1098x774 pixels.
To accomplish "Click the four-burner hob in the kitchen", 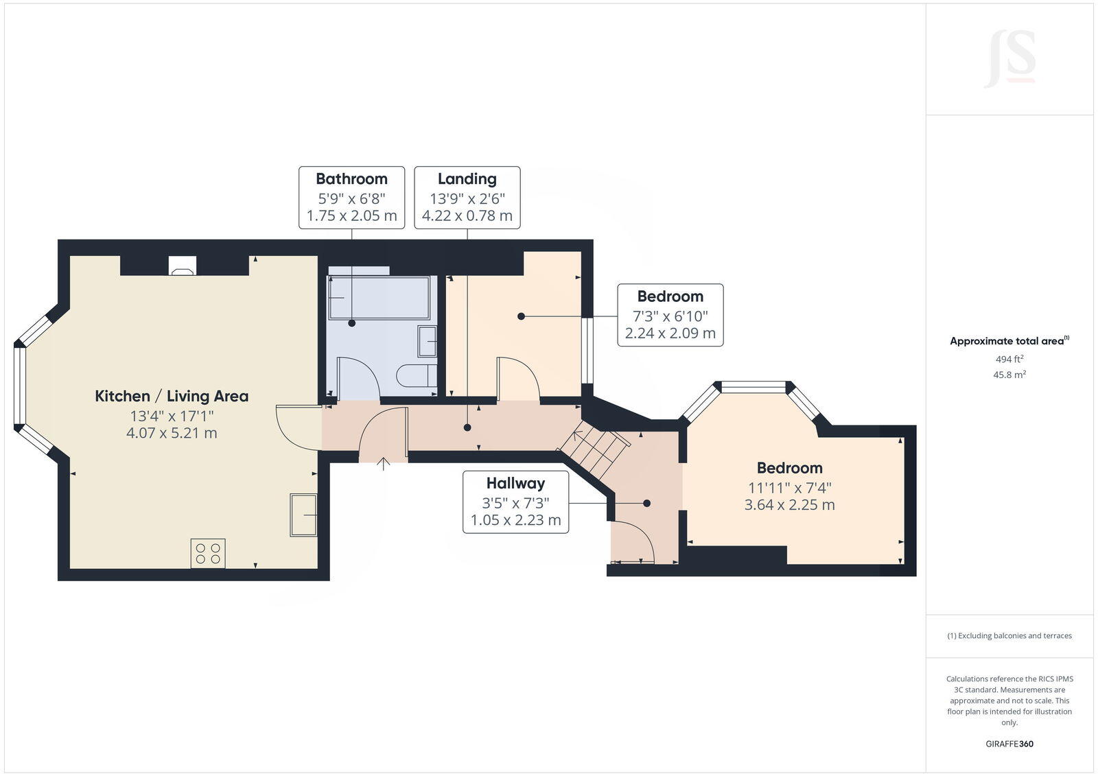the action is pyautogui.click(x=208, y=553).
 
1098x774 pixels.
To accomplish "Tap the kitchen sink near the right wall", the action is pyautogui.click(x=303, y=515).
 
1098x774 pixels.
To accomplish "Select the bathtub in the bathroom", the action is pyautogui.click(x=379, y=298).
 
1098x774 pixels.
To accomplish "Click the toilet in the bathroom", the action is pyautogui.click(x=417, y=375).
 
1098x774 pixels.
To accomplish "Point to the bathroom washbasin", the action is pyautogui.click(x=427, y=341).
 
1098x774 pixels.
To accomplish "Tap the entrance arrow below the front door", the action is pyautogui.click(x=383, y=464).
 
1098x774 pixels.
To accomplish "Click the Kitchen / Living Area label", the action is pyautogui.click(x=172, y=396).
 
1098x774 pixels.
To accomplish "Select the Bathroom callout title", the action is pyautogui.click(x=351, y=179).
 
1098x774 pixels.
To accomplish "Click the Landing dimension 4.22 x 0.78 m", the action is pyautogui.click(x=467, y=215).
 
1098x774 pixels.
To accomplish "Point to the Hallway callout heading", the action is pyautogui.click(x=515, y=483).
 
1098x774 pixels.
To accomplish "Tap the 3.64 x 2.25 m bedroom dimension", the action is pyautogui.click(x=789, y=504).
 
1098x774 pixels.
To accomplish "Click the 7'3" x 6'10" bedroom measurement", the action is pyautogui.click(x=670, y=316).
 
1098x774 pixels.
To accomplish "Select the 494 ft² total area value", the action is pyautogui.click(x=1009, y=359).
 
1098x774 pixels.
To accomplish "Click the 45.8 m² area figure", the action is pyautogui.click(x=1009, y=375).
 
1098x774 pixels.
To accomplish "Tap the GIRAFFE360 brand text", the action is pyautogui.click(x=1009, y=744).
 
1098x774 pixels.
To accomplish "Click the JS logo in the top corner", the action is pyautogui.click(x=1009, y=59).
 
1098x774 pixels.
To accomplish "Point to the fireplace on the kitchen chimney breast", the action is pyautogui.click(x=183, y=266).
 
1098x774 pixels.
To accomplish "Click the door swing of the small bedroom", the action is pyautogui.click(x=519, y=378).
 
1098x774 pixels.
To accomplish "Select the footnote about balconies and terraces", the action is pyautogui.click(x=1009, y=636).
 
